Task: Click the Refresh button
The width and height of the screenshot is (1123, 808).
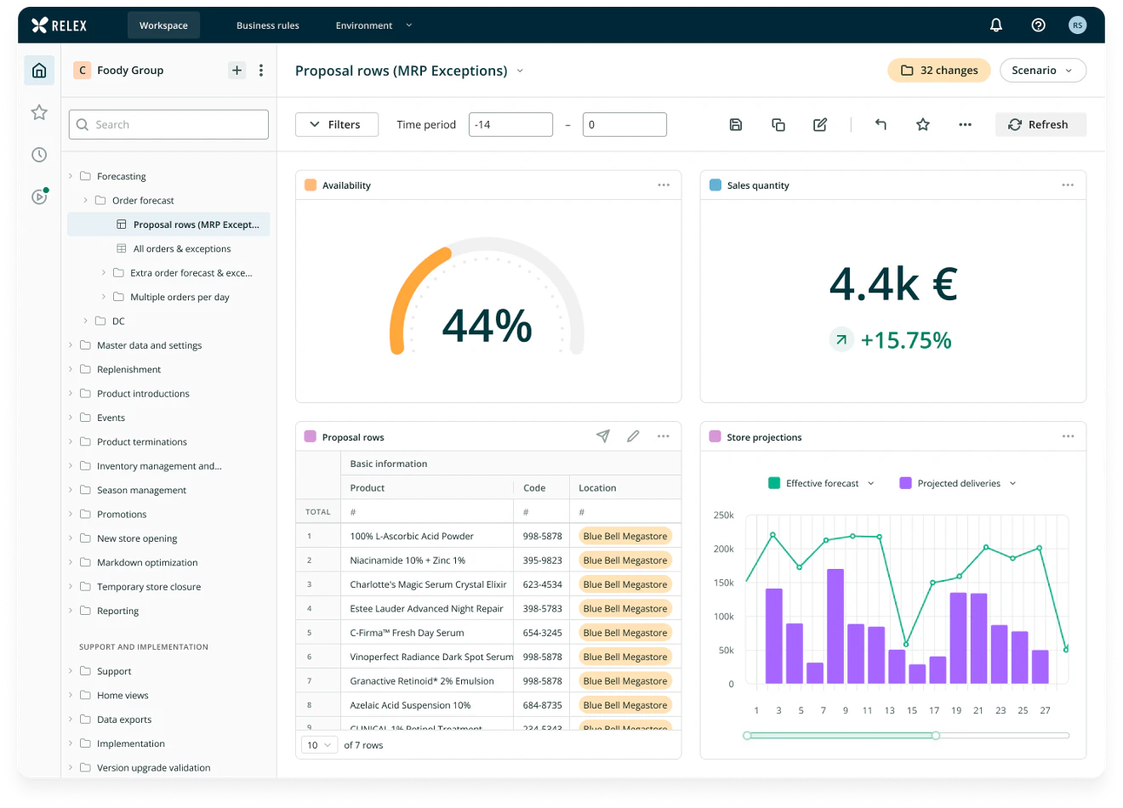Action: tap(1040, 124)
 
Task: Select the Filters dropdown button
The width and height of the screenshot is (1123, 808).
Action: tap(336, 124)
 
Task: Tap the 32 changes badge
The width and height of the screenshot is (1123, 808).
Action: tap(938, 71)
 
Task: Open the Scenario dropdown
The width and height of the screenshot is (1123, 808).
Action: tap(1042, 71)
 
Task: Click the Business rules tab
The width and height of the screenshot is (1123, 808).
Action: tap(267, 26)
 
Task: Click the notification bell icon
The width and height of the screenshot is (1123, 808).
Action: tap(995, 26)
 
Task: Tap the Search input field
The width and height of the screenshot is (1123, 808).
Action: tap(168, 124)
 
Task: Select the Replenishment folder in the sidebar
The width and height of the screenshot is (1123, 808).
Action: tap(128, 369)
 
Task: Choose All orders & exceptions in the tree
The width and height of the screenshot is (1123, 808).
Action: tap(181, 248)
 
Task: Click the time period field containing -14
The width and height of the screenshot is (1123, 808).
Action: tap(510, 124)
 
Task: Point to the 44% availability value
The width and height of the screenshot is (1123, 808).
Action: tap(487, 326)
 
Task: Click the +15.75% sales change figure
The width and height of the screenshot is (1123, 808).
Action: tap(905, 340)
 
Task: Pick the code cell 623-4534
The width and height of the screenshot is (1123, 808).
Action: tap(542, 584)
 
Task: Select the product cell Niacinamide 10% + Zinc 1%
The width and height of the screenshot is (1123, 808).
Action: tap(408, 560)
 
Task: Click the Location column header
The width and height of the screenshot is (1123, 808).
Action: tap(597, 488)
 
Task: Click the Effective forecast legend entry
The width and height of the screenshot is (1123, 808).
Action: tap(821, 483)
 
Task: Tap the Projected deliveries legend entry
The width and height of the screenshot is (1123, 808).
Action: tap(958, 483)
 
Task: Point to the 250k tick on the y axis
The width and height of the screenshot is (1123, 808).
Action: tap(723, 515)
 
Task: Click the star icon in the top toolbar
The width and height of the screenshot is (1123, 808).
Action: tap(922, 124)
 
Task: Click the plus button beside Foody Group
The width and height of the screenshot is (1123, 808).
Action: tap(237, 71)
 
